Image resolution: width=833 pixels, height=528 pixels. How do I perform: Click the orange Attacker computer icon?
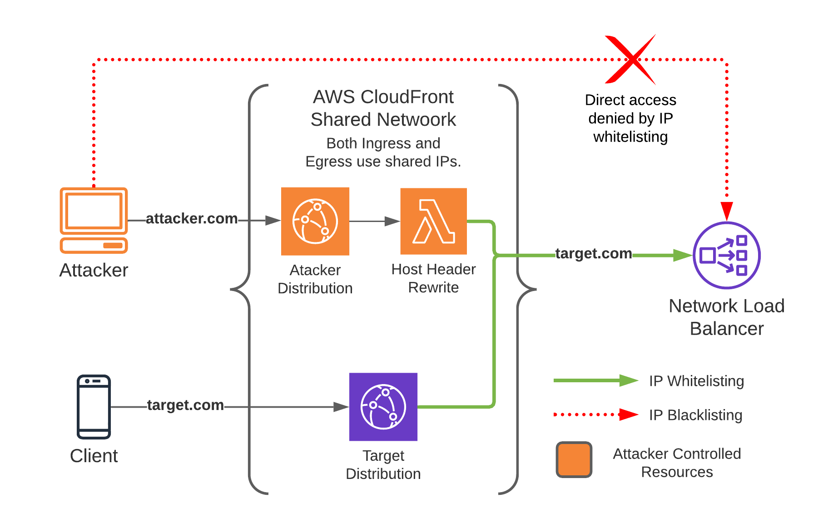94,220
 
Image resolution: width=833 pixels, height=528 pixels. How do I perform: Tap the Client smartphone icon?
94,406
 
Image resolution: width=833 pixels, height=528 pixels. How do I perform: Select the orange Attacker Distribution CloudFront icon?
315,221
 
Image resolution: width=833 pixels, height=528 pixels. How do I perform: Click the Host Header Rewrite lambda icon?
433,221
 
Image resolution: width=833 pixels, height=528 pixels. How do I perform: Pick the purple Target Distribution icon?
383,406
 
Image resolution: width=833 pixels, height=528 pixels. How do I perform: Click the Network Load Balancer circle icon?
726,255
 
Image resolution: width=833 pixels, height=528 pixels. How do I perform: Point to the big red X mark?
631,59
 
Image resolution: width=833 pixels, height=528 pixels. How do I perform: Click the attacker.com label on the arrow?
191,218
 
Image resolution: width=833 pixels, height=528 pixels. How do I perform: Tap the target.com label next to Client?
185,405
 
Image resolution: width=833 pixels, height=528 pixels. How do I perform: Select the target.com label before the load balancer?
593,253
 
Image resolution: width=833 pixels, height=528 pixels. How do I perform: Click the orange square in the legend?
574,459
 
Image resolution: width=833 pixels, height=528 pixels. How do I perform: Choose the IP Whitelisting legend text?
696,381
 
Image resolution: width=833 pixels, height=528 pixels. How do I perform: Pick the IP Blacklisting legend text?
695,415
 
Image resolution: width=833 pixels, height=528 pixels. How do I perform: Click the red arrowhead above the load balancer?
727,211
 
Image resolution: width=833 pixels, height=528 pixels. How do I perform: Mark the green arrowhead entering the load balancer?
683,255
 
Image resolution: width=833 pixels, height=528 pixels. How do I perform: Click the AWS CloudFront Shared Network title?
383,108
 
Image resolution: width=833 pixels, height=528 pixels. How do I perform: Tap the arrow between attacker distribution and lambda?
374,221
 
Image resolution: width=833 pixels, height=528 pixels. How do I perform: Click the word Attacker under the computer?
94,270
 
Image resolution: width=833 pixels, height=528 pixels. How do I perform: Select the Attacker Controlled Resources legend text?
676,463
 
